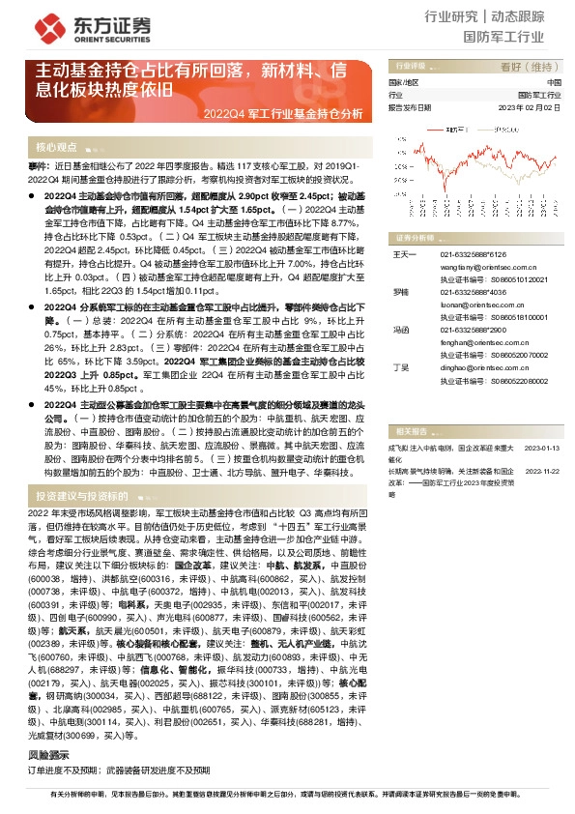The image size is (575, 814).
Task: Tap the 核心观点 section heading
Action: coord(56,147)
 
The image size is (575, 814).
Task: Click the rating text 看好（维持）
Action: coord(531,67)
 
